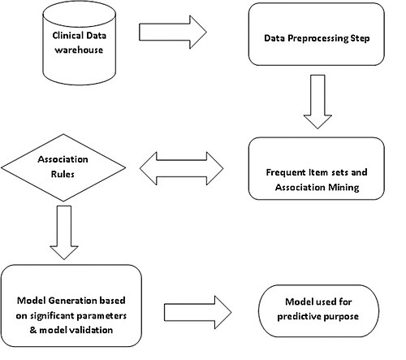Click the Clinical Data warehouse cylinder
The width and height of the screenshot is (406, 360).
(x=80, y=45)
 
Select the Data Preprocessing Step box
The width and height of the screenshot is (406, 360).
(x=317, y=34)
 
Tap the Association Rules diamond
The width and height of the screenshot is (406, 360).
(x=63, y=167)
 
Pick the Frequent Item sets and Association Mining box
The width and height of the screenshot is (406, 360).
(x=317, y=168)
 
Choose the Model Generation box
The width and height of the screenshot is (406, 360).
(x=71, y=306)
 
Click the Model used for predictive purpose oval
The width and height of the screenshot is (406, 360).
(x=318, y=311)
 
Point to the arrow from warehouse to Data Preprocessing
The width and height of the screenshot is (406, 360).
(x=173, y=33)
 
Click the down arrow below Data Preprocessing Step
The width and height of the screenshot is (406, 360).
(x=317, y=102)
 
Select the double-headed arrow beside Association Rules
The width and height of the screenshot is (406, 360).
(x=181, y=168)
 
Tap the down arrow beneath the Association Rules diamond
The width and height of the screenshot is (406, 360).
(x=64, y=232)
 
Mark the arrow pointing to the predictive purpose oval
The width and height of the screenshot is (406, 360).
(x=198, y=312)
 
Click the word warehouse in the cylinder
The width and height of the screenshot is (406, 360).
(x=79, y=50)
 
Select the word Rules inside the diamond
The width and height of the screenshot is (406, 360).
(x=63, y=174)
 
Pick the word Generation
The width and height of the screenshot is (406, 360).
(x=73, y=301)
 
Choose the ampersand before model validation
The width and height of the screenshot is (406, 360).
(x=33, y=330)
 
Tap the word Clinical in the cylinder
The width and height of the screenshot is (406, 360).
(x=67, y=36)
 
